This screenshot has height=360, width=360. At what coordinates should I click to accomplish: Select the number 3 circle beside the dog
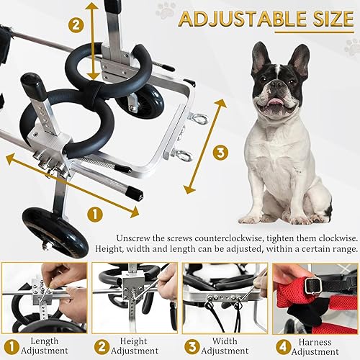click(220, 153)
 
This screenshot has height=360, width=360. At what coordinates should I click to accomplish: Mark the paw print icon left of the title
click(166, 10)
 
